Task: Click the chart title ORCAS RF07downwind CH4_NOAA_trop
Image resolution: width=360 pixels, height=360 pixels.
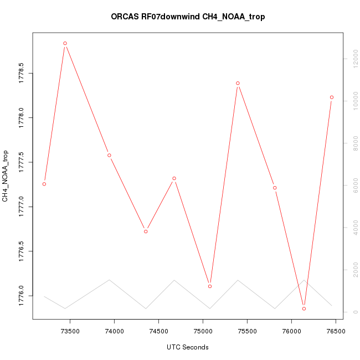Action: (x=188, y=17)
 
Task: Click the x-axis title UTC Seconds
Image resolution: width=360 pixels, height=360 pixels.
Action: (x=188, y=347)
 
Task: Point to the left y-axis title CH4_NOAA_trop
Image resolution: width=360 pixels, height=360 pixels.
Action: (x=6, y=176)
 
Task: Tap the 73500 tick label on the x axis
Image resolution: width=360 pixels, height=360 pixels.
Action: (x=70, y=331)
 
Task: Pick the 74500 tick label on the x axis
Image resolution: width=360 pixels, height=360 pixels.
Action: (x=159, y=331)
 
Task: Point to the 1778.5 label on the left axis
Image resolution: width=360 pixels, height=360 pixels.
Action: (x=21, y=73)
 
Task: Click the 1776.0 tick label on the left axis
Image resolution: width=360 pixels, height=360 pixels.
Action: (x=21, y=296)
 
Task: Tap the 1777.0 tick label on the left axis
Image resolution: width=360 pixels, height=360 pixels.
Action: (x=21, y=207)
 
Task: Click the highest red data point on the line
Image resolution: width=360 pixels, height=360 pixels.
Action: (x=65, y=43)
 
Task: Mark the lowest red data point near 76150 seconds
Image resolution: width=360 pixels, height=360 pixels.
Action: (x=304, y=308)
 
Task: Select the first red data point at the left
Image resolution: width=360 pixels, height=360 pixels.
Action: (x=44, y=184)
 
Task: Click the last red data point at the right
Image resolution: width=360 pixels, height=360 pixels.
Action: (x=332, y=97)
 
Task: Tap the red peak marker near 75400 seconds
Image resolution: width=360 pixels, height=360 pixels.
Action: (x=238, y=83)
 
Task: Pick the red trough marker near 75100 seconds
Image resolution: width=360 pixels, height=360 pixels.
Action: (x=210, y=286)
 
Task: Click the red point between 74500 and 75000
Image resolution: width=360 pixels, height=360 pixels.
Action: (x=174, y=178)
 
